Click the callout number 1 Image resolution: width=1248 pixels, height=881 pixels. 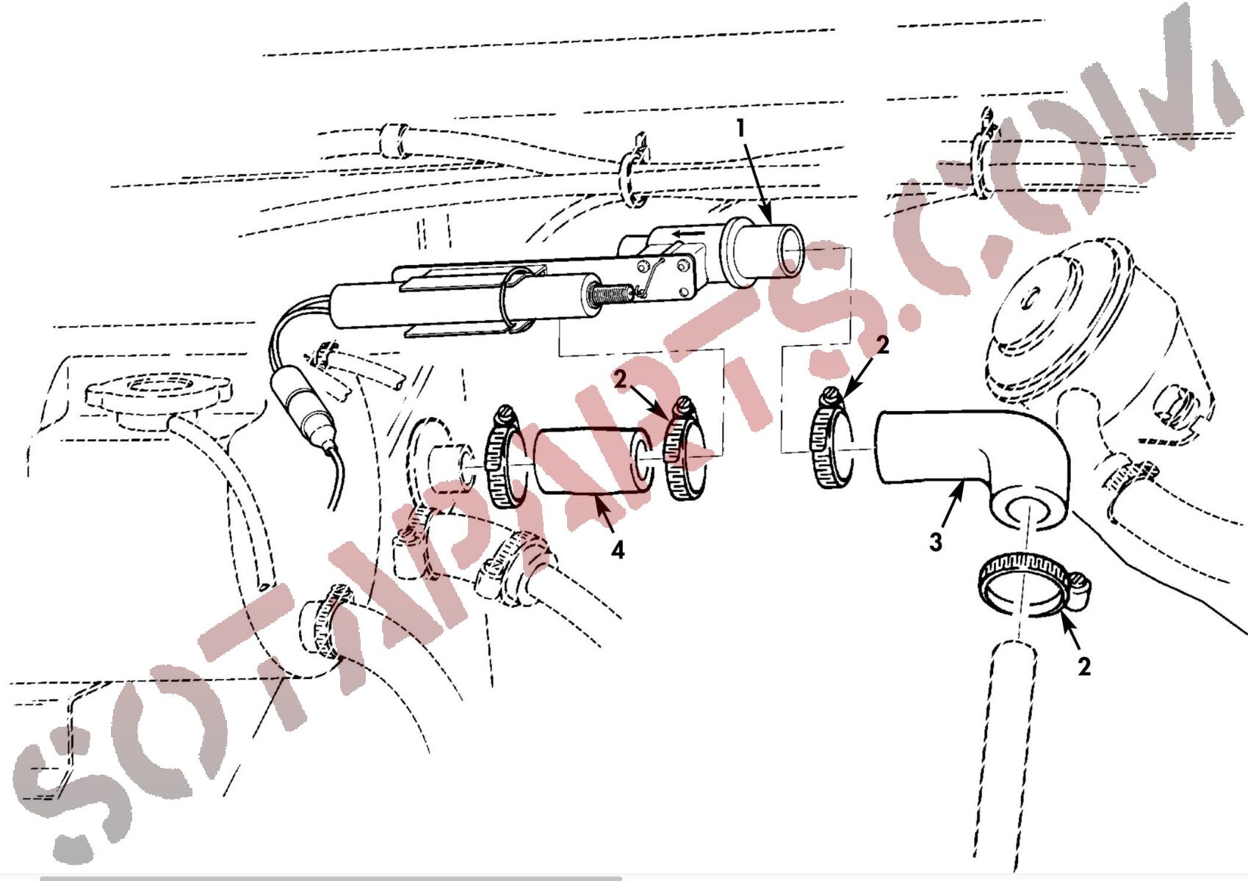pyautogui.click(x=740, y=128)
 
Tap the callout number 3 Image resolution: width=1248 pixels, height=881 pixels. pyautogui.click(x=936, y=542)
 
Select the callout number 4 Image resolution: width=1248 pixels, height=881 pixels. pyautogui.click(x=617, y=550)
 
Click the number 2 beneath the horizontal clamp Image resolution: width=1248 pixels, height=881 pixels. pyautogui.click(x=1083, y=667)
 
